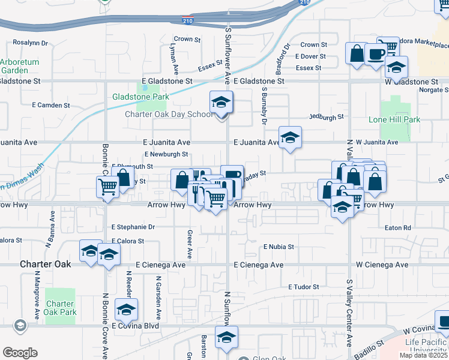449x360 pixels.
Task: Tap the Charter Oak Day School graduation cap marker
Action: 221,104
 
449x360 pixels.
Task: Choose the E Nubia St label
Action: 279,247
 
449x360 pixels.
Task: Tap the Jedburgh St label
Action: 327,117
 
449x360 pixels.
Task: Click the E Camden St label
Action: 55,105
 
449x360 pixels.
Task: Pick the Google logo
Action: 20,352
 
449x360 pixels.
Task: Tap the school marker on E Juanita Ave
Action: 290,139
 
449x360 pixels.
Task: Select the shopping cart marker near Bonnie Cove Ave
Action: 107,187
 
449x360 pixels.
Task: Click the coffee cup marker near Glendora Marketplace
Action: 375,54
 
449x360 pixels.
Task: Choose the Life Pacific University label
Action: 427,346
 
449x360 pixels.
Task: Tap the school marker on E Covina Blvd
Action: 127,310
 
